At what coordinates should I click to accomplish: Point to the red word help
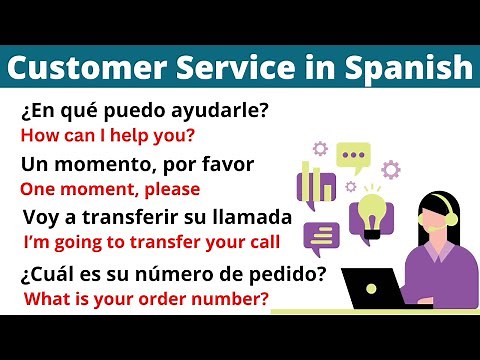click(126, 134)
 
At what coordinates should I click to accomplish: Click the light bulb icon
click(373, 213)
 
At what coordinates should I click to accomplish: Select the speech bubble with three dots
click(352, 156)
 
